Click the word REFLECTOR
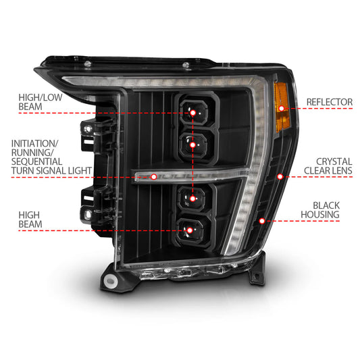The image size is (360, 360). pos(329,102)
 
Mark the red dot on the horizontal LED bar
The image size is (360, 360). pos(155,177)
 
